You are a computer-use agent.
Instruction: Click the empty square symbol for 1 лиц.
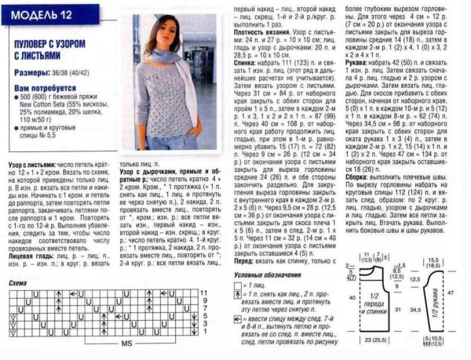tap(248, 289)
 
